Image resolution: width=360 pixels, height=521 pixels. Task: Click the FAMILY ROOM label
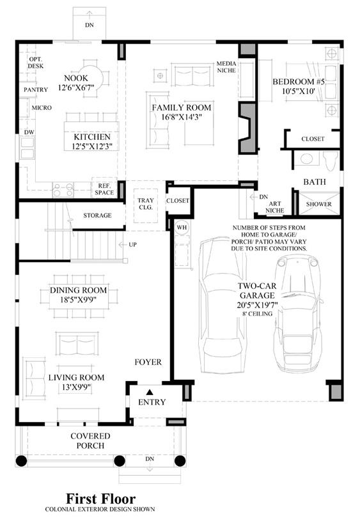click(182, 107)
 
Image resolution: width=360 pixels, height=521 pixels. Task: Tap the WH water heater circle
click(182, 228)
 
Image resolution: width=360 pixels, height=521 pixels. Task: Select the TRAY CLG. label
click(146, 204)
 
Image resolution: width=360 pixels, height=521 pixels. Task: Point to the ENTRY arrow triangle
click(150, 392)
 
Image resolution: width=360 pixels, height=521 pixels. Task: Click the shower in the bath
click(319, 203)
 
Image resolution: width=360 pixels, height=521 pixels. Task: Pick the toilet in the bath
click(331, 160)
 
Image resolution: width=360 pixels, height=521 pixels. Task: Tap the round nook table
click(93, 78)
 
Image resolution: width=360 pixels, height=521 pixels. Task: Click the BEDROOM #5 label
click(299, 82)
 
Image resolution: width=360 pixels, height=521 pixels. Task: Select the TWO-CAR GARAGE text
click(257, 290)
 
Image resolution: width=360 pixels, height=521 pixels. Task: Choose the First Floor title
click(101, 499)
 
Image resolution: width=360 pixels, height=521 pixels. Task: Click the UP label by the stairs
click(132, 245)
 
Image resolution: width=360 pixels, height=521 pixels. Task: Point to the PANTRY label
click(36, 89)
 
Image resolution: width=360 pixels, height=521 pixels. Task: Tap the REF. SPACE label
click(104, 189)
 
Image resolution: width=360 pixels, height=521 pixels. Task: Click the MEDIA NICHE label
click(226, 66)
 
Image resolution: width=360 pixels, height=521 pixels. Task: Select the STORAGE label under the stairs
click(97, 215)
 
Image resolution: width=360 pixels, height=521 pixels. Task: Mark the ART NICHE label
click(274, 207)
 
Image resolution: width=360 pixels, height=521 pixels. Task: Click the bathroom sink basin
click(306, 159)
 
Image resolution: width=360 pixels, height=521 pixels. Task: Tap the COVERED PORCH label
click(90, 440)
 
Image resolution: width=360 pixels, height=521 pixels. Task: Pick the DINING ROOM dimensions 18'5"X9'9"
click(78, 299)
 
